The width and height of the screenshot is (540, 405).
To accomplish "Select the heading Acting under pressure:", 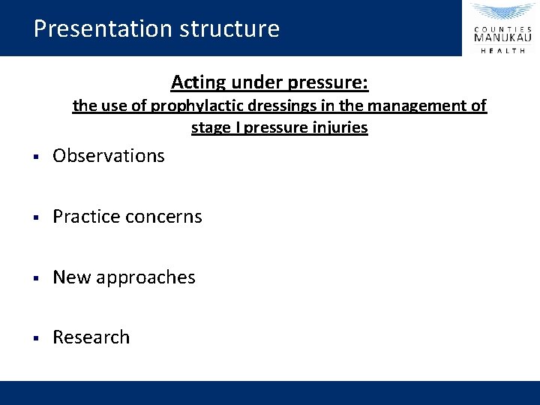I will pyautogui.click(x=269, y=81).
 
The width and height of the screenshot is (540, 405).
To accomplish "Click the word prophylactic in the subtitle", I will pyautogui.click(x=190, y=106).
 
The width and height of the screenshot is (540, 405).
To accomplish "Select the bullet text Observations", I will pyautogui.click(x=108, y=156).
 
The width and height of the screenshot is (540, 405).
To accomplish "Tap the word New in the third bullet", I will pyautogui.click(x=70, y=277).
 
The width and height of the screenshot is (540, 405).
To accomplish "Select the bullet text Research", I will pyautogui.click(x=91, y=337).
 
